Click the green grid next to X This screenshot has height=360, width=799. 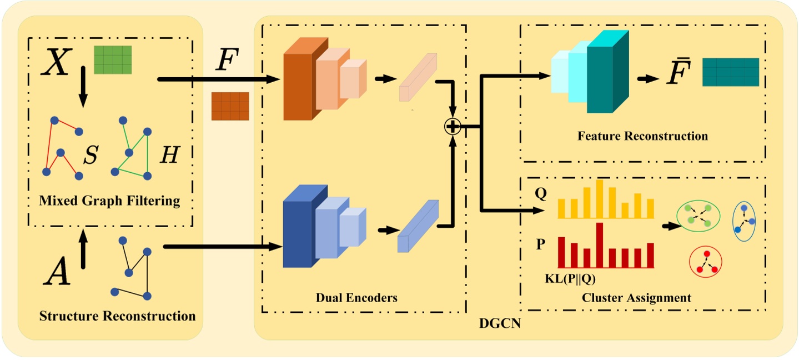[x=113, y=59]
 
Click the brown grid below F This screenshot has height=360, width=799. [x=230, y=106]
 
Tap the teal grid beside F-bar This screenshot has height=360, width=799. [x=730, y=72]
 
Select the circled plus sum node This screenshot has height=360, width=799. [x=453, y=127]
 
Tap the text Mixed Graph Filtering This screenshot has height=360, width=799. [x=109, y=201]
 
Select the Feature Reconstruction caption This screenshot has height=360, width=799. [x=642, y=136]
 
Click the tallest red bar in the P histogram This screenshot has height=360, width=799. [x=600, y=245]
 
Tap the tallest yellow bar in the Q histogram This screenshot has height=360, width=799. [x=600, y=199]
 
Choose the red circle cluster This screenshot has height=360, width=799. [x=704, y=261]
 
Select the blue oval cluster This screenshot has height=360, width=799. [x=744, y=221]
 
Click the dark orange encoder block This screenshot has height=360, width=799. [x=298, y=86]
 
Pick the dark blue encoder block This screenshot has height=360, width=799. [x=298, y=233]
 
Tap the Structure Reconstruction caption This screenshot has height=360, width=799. [x=117, y=316]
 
